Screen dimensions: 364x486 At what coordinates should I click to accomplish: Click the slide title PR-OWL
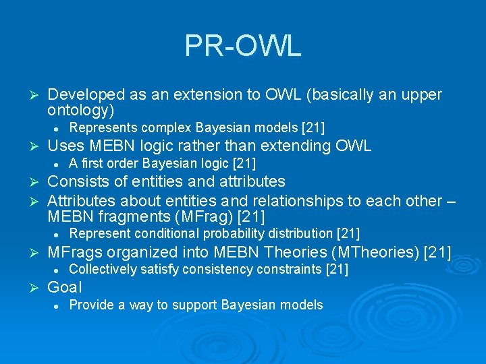pyautogui.click(x=242, y=46)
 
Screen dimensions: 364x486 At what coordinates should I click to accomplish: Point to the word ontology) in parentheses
pyautogui.click(x=81, y=110)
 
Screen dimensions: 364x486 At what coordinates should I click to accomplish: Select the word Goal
pyautogui.click(x=65, y=288)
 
